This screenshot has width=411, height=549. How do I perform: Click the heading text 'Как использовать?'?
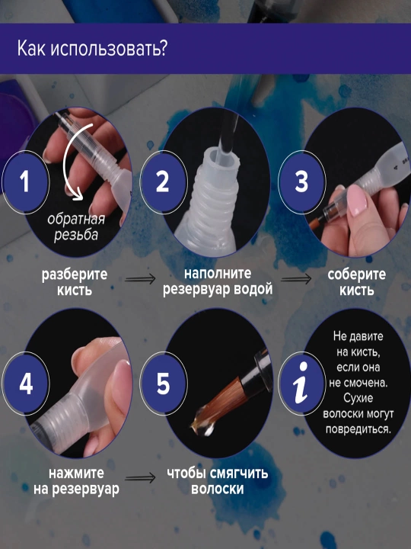(x=92, y=48)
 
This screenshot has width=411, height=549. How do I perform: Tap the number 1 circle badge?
(x=26, y=182)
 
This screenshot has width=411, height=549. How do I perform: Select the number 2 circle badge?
(x=163, y=182)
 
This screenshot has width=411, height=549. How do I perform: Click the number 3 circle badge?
(x=301, y=182)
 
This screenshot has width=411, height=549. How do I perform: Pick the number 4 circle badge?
(x=26, y=384)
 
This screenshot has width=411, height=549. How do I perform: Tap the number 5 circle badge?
(x=163, y=384)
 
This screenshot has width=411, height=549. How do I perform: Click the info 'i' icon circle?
(x=301, y=384)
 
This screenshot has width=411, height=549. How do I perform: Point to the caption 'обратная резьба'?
(x=76, y=227)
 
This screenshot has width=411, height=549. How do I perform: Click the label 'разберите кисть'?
(x=75, y=282)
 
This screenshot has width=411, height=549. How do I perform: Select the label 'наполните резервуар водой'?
(x=218, y=281)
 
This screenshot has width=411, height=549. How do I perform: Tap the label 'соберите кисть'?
(x=356, y=282)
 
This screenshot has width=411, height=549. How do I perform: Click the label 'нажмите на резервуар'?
(x=76, y=481)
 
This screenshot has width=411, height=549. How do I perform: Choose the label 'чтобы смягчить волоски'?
(x=218, y=481)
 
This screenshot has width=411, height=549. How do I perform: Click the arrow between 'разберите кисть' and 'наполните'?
(x=140, y=279)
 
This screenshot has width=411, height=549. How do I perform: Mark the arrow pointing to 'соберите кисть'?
(x=295, y=279)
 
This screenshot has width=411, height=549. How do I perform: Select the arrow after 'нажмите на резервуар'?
(x=140, y=478)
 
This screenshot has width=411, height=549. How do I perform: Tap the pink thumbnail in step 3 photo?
(x=356, y=201)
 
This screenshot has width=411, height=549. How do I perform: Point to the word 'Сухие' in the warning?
(x=358, y=398)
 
